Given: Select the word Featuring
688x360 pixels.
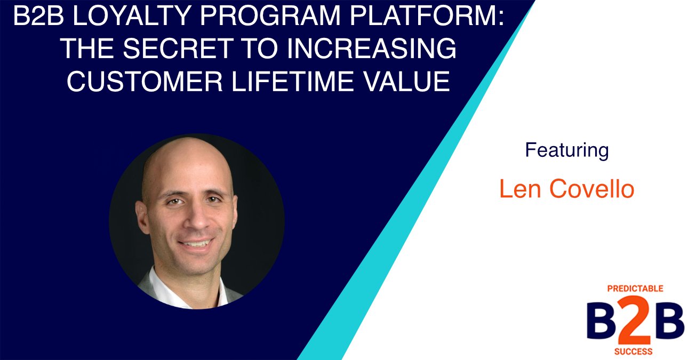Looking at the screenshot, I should point(566,150).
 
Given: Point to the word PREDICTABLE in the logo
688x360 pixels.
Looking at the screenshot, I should point(635,289).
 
